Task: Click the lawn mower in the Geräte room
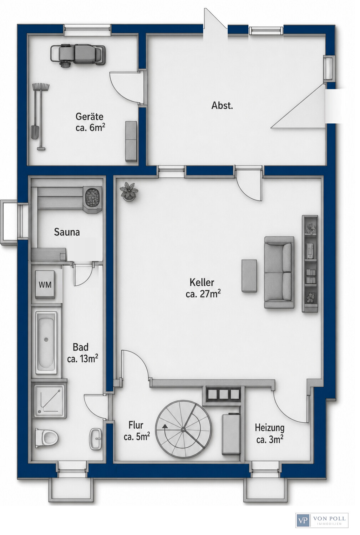coord(78,55)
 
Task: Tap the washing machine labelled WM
coord(45,285)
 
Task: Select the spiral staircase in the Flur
coord(183,429)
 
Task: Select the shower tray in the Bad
coord(50,401)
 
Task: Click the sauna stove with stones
coord(92,199)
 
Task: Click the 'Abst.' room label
coord(222,105)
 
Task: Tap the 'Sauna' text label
coord(67,232)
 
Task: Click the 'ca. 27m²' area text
coord(203,294)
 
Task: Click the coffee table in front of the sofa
coord(249,275)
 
